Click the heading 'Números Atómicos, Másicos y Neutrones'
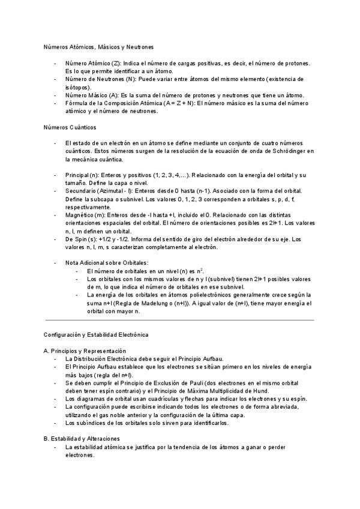(x=98, y=46)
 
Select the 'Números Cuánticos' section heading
(x=70, y=127)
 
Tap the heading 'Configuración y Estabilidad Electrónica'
(x=96, y=334)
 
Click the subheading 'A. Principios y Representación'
(x=85, y=351)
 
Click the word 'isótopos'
(x=77, y=87)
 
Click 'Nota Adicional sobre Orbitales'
(x=106, y=263)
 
